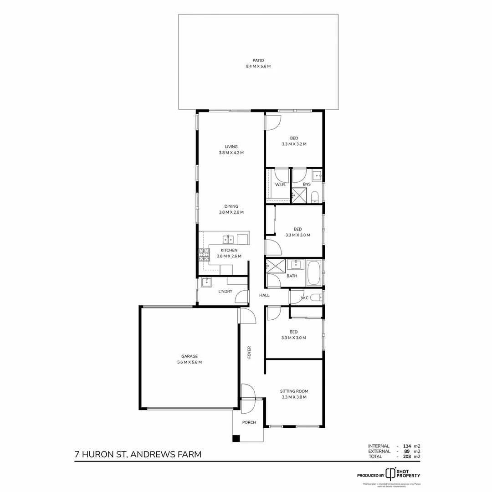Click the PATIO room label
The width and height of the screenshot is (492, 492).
[258, 60]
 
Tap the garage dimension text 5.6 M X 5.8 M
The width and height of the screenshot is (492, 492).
[190, 362]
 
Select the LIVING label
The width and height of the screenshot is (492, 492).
[231, 147]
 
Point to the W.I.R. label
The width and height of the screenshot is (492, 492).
[280, 184]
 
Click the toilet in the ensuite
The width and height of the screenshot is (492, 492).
[315, 196]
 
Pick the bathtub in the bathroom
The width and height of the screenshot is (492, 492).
[314, 273]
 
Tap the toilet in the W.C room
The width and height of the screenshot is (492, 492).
[319, 297]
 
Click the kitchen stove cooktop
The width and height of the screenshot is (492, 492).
[203, 254]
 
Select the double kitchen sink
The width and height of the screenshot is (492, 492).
[228, 239]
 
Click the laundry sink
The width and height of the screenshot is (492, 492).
[207, 282]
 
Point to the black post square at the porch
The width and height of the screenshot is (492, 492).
[236, 438]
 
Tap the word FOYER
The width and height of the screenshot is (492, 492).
[249, 353]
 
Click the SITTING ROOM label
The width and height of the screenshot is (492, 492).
[294, 391]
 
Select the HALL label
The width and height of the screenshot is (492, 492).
[264, 295]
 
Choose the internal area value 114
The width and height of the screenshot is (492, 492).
[407, 446]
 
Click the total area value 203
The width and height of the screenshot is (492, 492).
[407, 456]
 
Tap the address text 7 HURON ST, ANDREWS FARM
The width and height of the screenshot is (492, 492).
[138, 454]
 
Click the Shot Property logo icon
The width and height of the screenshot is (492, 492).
[390, 473]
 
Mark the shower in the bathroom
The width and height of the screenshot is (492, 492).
[275, 266]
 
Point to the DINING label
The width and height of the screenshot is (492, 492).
[231, 206]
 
